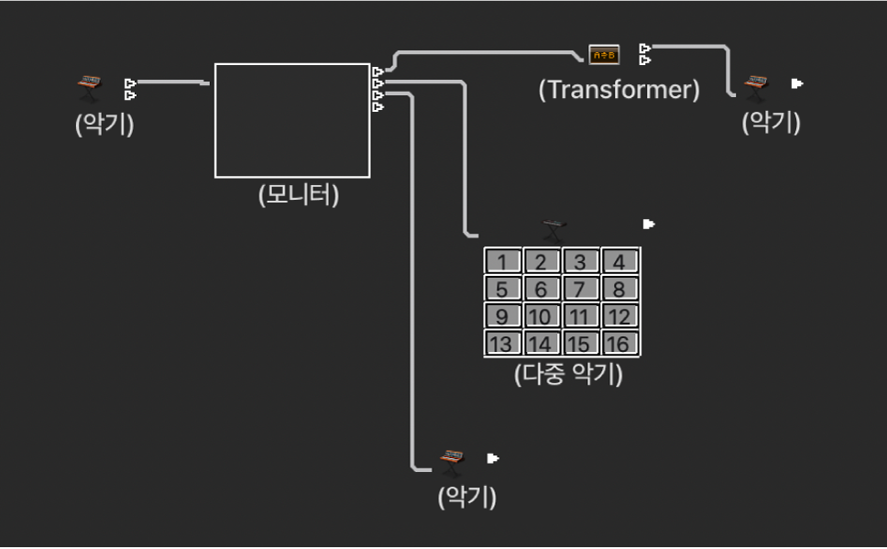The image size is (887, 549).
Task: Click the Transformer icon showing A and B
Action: tap(604, 55)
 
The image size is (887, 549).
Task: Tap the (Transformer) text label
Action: tap(619, 90)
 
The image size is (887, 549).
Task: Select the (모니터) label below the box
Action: tap(299, 195)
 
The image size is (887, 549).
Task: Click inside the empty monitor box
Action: tap(292, 120)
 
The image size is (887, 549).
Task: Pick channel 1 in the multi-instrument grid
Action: tap(502, 262)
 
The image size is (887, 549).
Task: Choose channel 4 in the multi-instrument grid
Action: tap(619, 262)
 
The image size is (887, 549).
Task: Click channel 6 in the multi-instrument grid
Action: tap(542, 290)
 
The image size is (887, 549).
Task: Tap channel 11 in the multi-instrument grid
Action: tap(580, 317)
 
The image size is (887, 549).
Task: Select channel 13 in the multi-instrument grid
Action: tap(502, 345)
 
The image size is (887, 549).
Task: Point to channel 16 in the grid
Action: tap(619, 345)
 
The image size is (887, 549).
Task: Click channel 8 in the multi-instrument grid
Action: tap(619, 290)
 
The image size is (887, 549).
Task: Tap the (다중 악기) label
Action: tap(568, 375)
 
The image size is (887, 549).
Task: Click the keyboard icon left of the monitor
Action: tap(88, 88)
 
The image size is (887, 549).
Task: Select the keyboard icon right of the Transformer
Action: tap(755, 86)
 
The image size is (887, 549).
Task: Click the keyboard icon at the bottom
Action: tap(451, 461)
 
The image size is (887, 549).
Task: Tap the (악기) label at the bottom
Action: tap(467, 498)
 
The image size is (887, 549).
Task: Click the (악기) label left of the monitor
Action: tap(104, 125)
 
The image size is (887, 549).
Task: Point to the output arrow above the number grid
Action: tap(649, 224)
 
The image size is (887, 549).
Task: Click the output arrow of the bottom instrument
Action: tap(493, 457)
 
